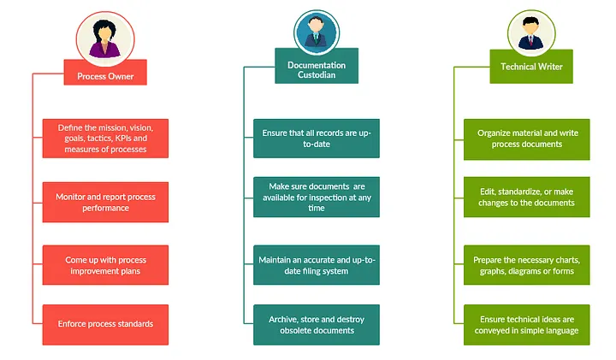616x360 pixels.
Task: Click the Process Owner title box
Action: coord(104,75)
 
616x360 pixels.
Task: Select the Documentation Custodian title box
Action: coord(317,70)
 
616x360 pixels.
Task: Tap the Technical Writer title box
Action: coord(530,66)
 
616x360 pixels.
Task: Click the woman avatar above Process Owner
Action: coord(105,36)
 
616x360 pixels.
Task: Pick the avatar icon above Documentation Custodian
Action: coord(317,32)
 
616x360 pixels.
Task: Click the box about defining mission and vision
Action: coord(105,138)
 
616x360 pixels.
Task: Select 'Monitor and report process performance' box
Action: coord(105,202)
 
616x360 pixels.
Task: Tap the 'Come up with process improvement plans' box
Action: coord(105,265)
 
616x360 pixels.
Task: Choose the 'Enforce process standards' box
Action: coord(105,324)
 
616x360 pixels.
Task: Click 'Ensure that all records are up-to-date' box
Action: coord(317,138)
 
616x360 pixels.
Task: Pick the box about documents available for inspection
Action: coord(317,197)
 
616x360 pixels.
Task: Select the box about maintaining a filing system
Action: coord(317,265)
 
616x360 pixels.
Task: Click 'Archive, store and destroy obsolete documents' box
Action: coord(317,324)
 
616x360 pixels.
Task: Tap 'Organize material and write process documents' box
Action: coord(527,138)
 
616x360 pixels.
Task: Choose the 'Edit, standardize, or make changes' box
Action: coord(527,197)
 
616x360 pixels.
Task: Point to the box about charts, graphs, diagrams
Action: coord(527,265)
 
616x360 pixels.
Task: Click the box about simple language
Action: coord(527,324)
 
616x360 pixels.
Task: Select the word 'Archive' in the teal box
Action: coord(283,319)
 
